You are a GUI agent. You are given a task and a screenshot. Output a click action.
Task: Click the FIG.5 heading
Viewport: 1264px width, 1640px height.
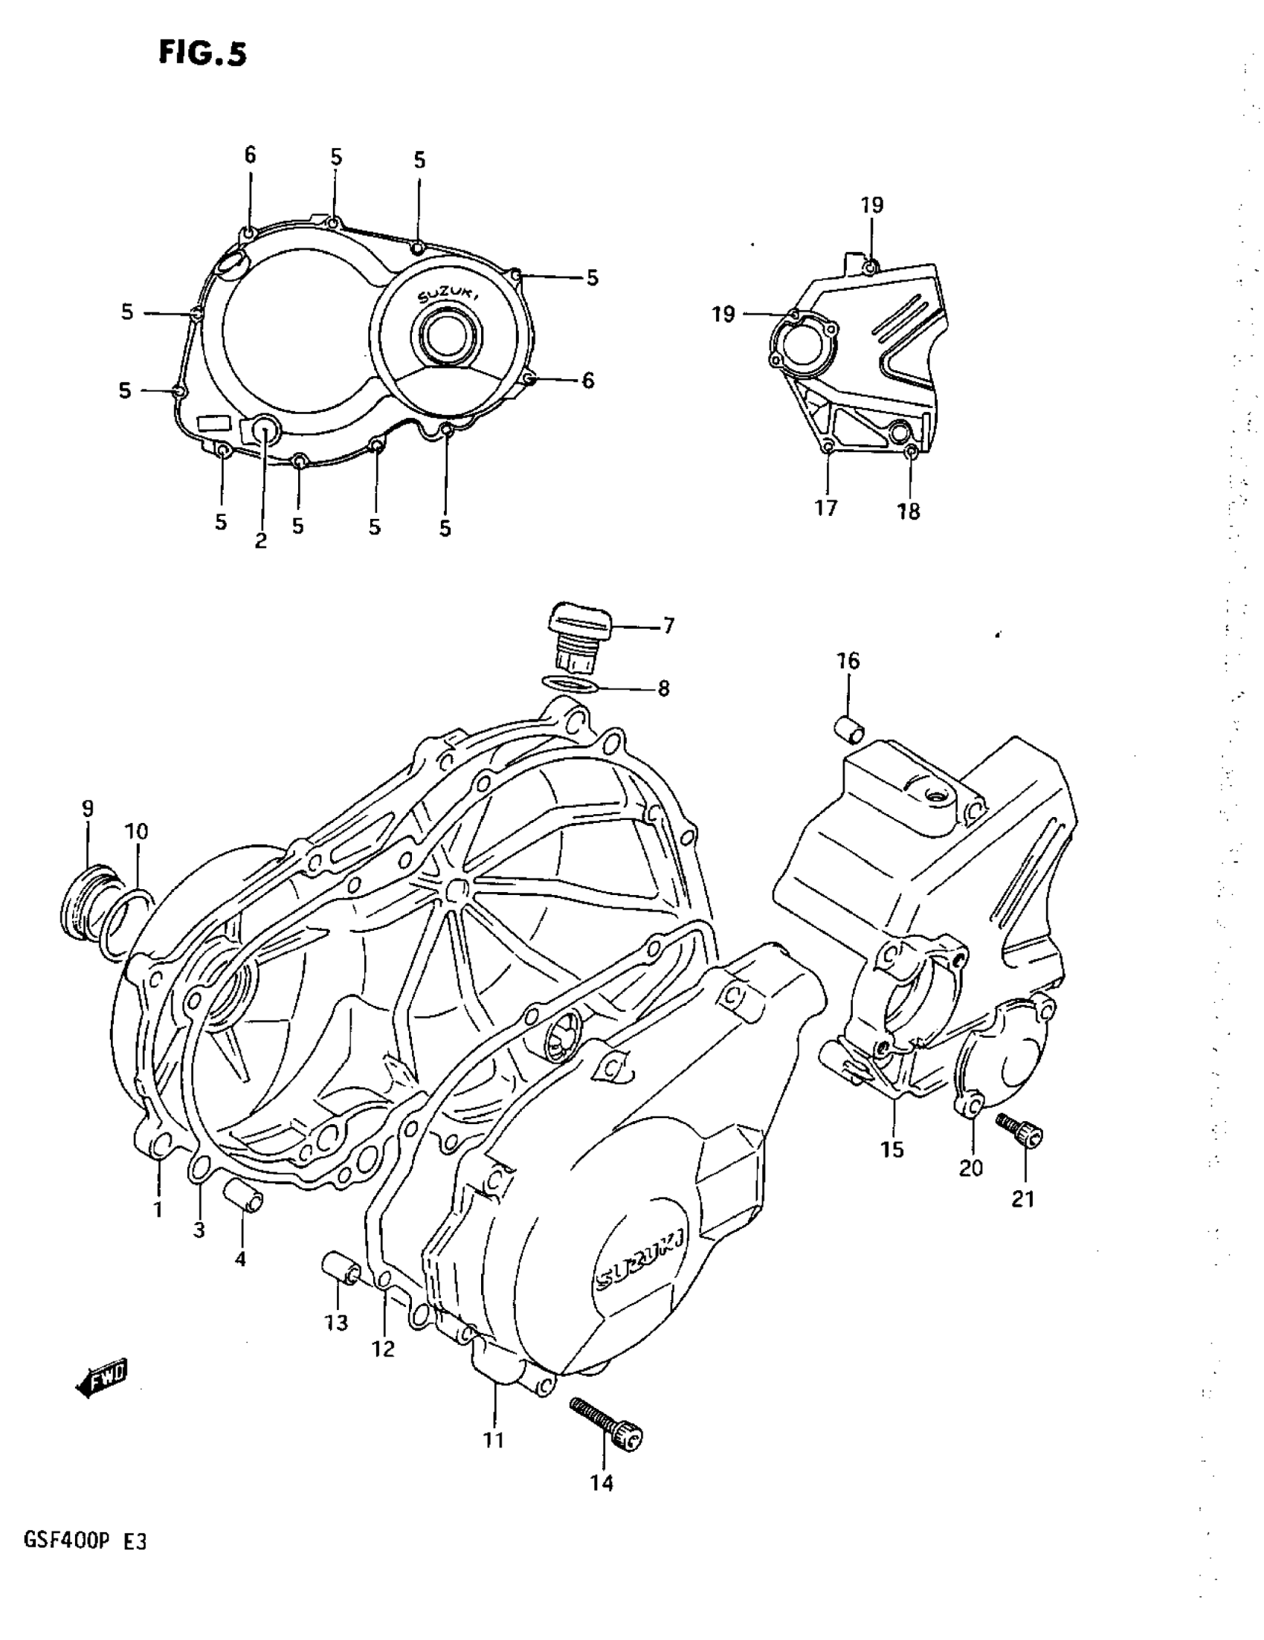tap(202, 54)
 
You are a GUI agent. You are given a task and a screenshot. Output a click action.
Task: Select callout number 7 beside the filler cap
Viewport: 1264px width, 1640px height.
tap(668, 625)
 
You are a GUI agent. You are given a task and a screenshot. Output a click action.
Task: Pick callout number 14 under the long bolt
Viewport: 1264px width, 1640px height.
tap(602, 1483)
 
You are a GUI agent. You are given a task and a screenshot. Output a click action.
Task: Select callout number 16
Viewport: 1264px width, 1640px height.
tap(848, 661)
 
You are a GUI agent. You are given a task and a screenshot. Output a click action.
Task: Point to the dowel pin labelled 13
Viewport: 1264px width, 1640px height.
tap(342, 1269)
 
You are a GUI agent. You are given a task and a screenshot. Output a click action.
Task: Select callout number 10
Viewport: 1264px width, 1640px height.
tap(137, 831)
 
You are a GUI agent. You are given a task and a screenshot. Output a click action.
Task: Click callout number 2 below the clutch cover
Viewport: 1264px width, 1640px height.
tap(261, 540)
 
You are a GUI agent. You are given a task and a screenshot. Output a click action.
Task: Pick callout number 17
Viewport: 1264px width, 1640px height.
tap(825, 509)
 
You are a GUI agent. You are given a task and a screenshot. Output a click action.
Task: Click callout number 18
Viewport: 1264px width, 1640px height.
tap(908, 511)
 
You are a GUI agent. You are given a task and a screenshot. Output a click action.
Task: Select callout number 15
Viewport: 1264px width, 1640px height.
tap(892, 1149)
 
